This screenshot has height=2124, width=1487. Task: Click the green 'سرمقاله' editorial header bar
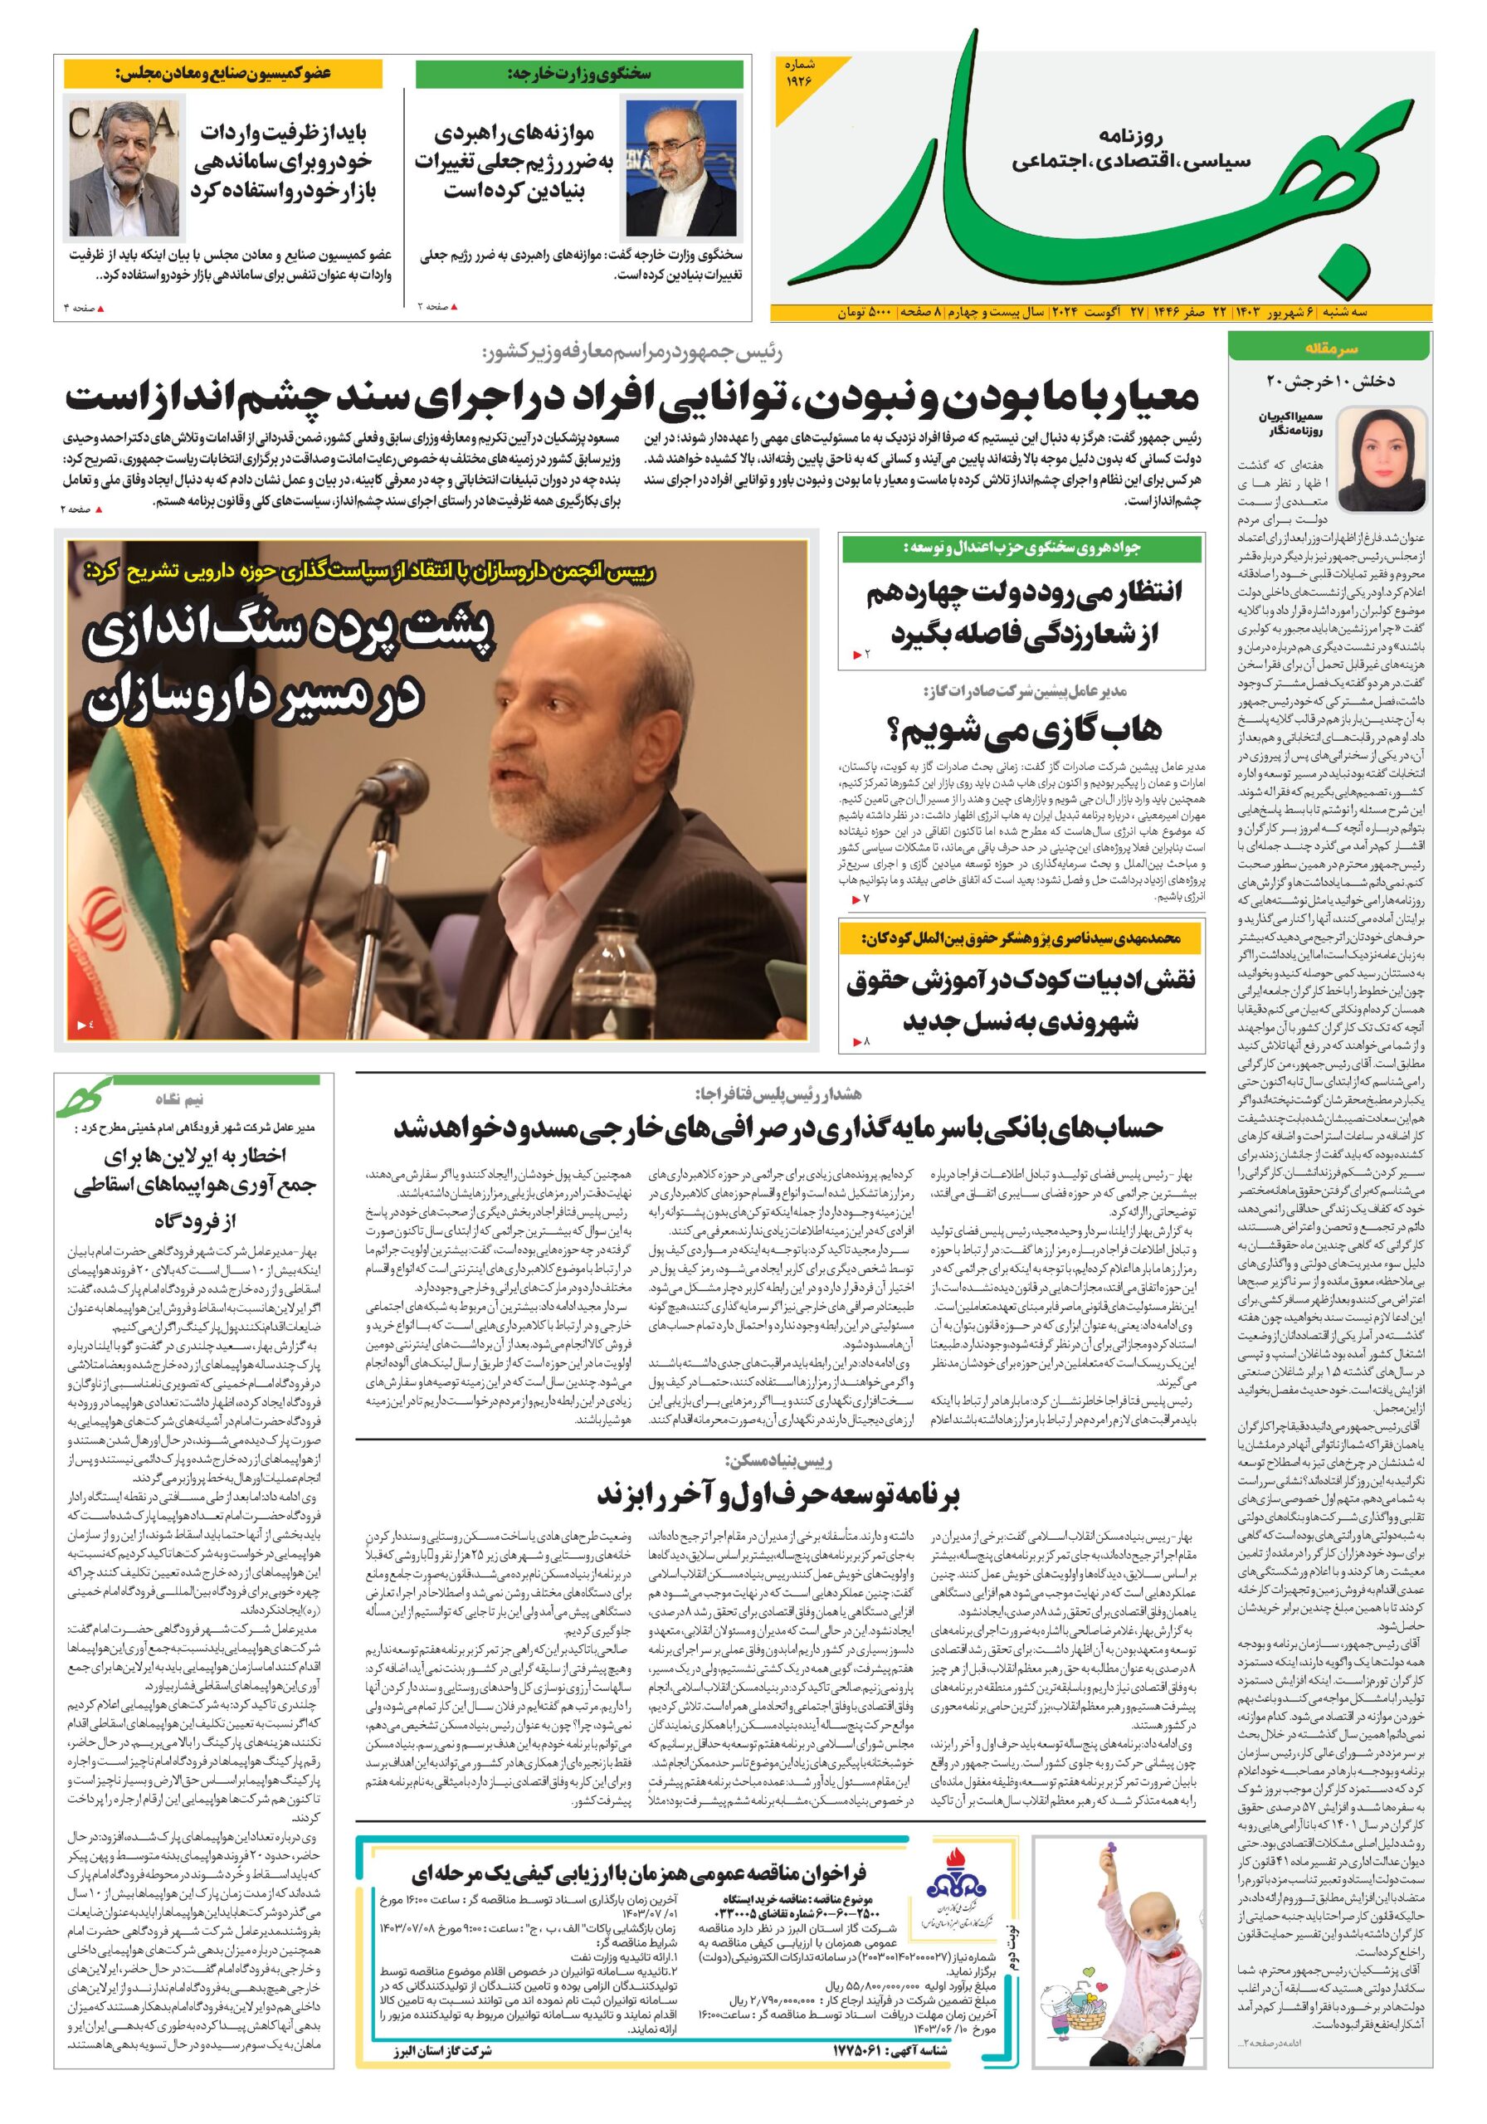click(x=1329, y=348)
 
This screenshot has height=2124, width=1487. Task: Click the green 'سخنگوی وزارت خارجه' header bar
click(x=579, y=74)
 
